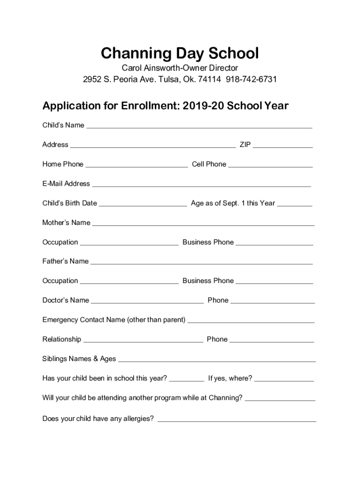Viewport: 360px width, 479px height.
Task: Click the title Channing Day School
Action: click(x=180, y=53)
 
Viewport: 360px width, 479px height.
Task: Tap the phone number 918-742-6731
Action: click(x=252, y=79)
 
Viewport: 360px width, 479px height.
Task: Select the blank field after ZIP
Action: click(x=282, y=145)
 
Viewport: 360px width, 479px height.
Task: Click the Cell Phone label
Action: click(x=209, y=164)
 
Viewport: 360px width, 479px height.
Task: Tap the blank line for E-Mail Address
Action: click(x=201, y=184)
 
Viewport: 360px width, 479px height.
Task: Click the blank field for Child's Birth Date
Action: click(x=143, y=203)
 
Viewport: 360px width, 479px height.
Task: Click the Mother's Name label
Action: click(x=66, y=223)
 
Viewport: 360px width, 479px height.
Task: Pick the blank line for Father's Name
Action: click(x=201, y=261)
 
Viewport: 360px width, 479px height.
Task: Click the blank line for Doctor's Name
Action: click(x=147, y=301)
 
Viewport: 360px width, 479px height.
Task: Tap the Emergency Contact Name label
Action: click(x=114, y=320)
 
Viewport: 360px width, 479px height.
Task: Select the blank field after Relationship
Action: click(x=143, y=340)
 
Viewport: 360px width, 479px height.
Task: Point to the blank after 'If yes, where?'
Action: click(x=284, y=378)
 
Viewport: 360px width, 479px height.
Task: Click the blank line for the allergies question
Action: click(x=237, y=419)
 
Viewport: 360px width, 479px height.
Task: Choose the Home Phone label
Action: click(x=63, y=164)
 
